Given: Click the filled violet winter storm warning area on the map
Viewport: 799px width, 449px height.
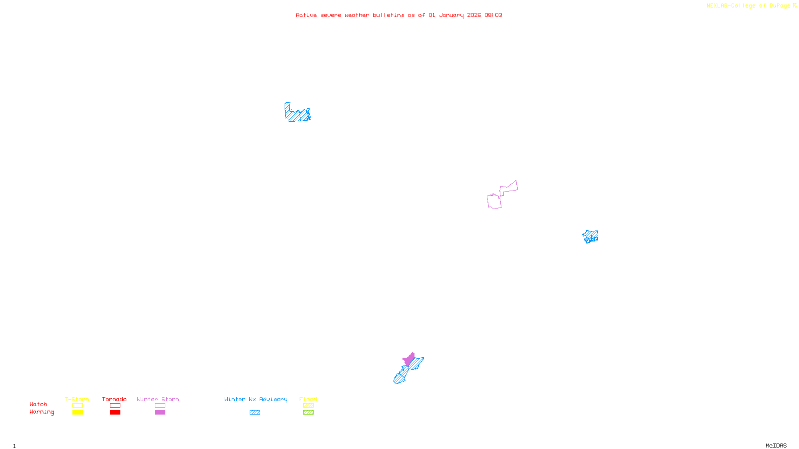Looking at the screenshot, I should pos(409,359).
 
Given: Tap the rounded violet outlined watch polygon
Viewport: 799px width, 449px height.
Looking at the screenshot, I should pos(494,202).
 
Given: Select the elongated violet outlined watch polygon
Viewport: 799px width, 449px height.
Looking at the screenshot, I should pos(509,189).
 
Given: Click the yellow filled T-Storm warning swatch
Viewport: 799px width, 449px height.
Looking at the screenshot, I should pos(77,413).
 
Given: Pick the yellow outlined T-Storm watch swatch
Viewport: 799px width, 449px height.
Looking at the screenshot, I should pos(77,406).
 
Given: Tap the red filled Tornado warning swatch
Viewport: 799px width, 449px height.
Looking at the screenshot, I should pos(115,413).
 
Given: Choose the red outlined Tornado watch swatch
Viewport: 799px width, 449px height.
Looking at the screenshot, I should pos(115,406).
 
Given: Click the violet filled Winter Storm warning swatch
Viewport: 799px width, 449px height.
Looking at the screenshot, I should pos(160,413).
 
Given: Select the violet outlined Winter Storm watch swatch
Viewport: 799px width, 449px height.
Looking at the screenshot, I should pos(160,406).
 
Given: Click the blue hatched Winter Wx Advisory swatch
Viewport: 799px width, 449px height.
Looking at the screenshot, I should pos(255,413).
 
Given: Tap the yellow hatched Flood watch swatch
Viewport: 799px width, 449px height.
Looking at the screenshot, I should pos(308,406).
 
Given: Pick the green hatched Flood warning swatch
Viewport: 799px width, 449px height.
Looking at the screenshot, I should pos(308,413).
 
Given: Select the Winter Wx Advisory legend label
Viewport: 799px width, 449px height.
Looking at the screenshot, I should pos(256,399).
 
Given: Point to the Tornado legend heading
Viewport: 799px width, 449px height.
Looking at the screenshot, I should pos(114,399).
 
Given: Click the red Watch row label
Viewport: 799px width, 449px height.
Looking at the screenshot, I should pos(38,405).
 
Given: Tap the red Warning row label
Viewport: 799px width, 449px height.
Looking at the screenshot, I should pos(41,412).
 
